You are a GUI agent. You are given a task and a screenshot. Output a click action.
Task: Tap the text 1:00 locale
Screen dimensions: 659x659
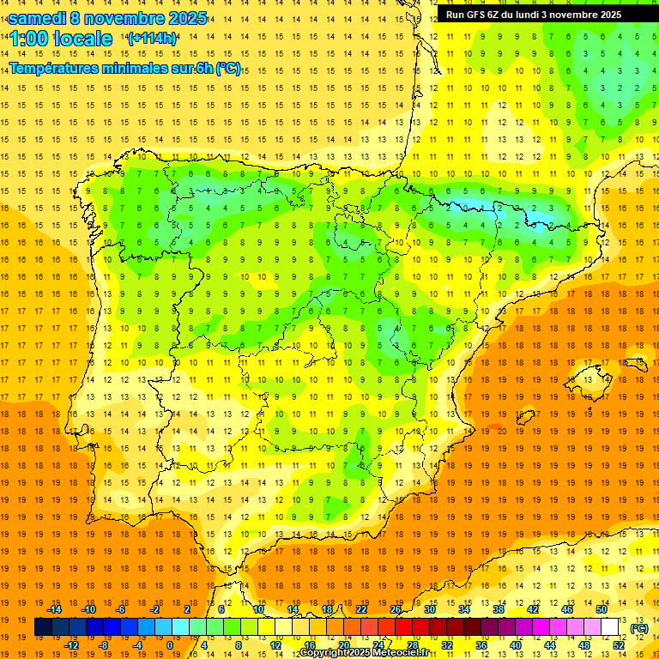[x=61, y=39]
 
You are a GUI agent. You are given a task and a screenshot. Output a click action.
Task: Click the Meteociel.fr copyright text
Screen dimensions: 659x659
[x=364, y=653]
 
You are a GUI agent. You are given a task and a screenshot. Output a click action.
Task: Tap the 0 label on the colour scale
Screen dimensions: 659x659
[x=169, y=645]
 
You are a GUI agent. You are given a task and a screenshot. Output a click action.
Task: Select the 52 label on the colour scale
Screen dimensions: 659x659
[x=619, y=645]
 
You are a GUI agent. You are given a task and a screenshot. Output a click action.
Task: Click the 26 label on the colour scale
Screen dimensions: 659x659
[x=396, y=609]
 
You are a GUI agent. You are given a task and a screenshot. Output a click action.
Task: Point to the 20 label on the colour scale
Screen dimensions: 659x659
[x=343, y=645]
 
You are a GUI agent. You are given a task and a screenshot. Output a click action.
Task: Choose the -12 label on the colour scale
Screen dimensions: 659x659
[x=71, y=645]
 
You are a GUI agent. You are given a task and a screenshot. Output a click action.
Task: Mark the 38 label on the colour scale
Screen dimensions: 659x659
[x=499, y=609]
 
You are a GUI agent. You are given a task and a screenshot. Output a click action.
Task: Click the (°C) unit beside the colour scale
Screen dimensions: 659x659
[x=639, y=628]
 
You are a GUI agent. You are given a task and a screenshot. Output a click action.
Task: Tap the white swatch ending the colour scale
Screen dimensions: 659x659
[x=610, y=627]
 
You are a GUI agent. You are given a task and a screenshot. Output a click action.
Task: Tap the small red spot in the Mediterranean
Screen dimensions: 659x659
[x=494, y=426]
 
